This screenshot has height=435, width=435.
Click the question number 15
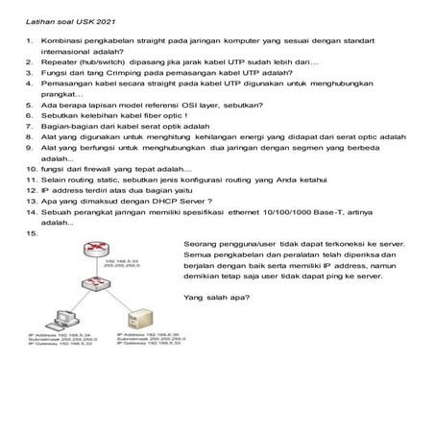pos(34,232)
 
